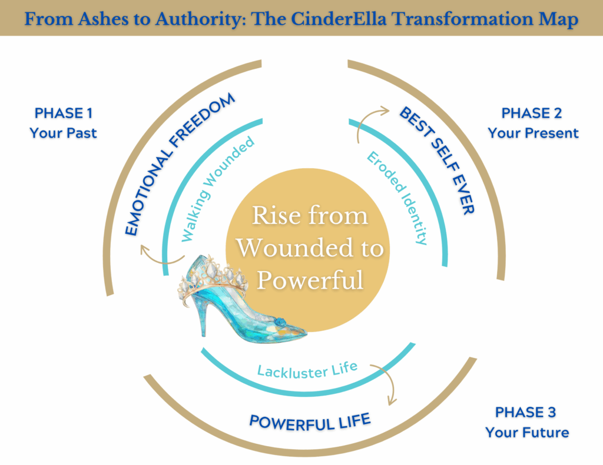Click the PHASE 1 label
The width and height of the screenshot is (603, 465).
click(x=64, y=113)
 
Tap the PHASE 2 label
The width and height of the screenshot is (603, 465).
click(x=532, y=113)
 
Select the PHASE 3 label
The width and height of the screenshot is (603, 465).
click(x=526, y=412)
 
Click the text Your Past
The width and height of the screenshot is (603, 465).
click(x=64, y=133)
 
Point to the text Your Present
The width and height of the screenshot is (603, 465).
click(x=533, y=133)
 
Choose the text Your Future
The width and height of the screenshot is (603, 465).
click(x=527, y=433)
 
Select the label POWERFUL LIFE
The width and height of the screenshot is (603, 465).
click(x=310, y=421)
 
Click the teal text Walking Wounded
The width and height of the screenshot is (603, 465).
click(x=218, y=188)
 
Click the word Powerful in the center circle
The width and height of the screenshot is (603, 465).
click(x=310, y=280)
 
